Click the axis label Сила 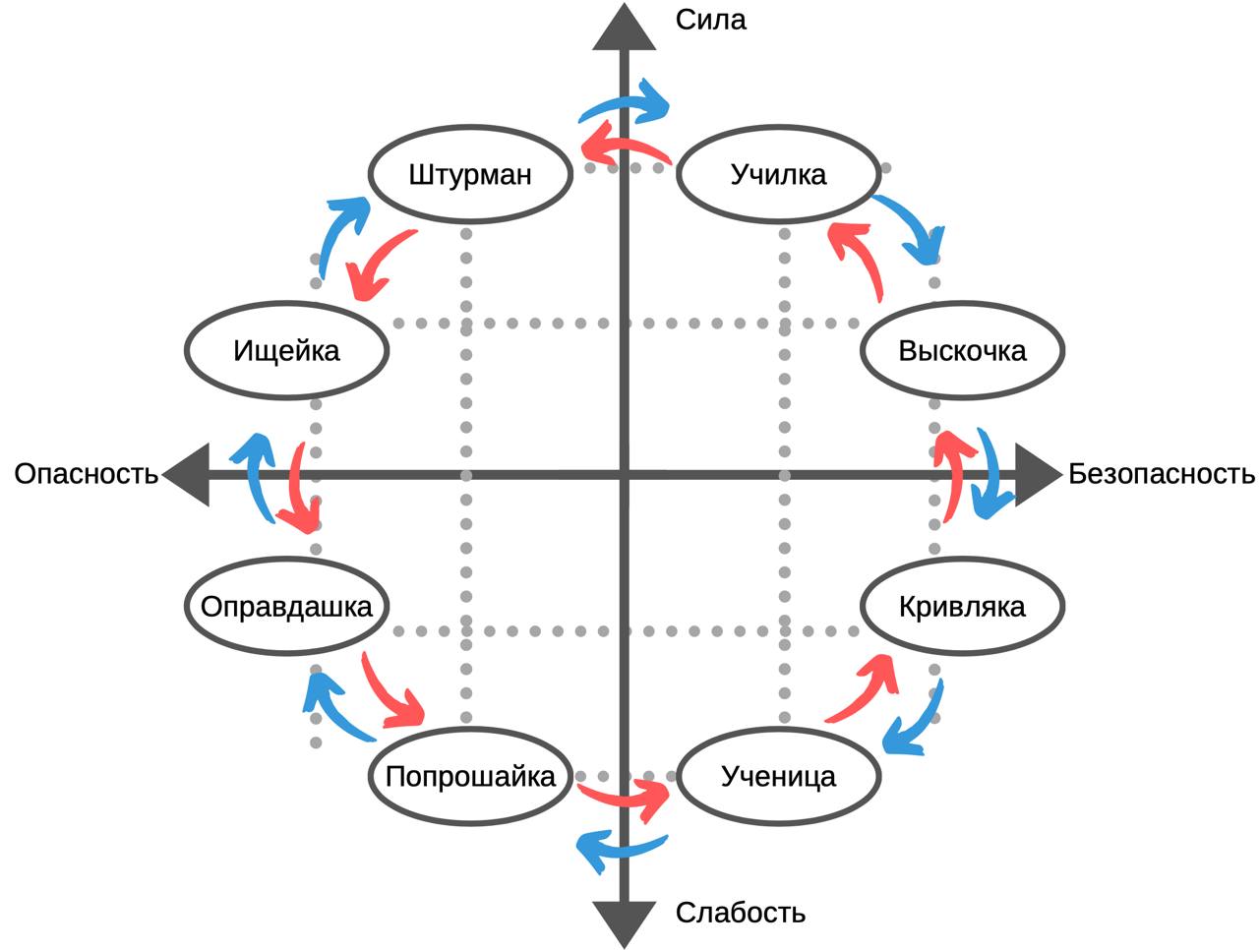[711, 20]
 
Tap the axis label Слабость [740, 913]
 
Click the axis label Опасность [86, 474]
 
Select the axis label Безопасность [1162, 474]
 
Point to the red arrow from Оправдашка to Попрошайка [390, 693]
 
